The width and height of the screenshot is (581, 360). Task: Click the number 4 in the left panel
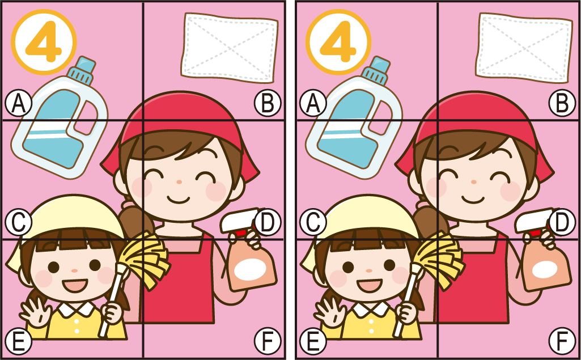pos(43,41)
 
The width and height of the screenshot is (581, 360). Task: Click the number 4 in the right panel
pos(338,41)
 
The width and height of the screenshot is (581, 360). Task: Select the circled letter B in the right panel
pos(562,103)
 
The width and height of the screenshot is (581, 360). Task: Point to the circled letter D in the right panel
pos(562,222)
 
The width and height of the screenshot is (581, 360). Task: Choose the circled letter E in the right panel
pos(313,341)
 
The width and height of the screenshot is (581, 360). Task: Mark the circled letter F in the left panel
pos(268,341)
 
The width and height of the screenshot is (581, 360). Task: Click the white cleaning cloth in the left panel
pos(230,48)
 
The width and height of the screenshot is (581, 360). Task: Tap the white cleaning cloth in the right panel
pos(524,48)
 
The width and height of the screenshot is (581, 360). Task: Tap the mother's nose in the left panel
pos(179,182)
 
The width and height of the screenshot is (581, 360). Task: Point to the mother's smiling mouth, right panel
pos(473,199)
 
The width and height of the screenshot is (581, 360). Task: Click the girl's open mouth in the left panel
pos(75,286)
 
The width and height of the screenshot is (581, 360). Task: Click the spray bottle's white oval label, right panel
pos(545,269)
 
